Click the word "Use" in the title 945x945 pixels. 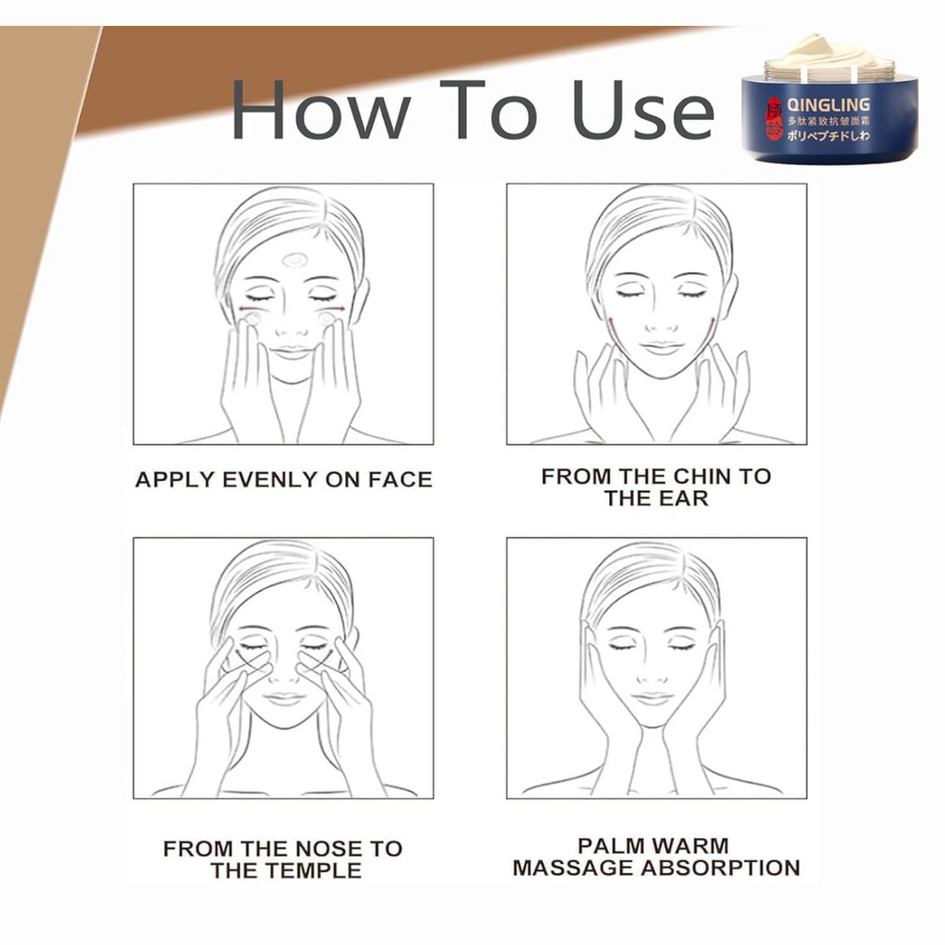(642, 111)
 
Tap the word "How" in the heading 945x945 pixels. (319, 111)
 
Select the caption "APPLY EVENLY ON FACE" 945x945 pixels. (283, 480)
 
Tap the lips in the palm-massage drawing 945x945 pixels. (654, 698)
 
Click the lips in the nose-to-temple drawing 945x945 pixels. (284, 698)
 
